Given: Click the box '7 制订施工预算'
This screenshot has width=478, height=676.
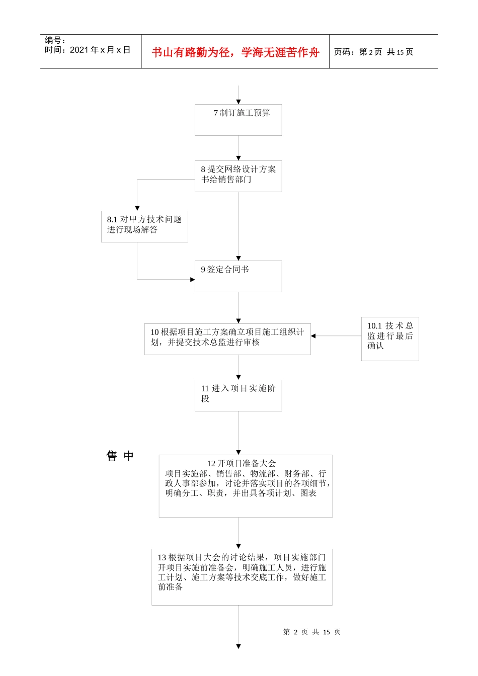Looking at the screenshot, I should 238,120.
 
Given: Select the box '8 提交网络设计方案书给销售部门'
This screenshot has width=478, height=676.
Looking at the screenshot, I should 238,176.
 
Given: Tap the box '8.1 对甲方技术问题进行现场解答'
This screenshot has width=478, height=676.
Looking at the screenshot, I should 144,226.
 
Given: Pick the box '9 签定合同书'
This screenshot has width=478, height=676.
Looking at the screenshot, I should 238,276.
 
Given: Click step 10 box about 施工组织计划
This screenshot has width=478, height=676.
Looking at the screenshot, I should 227,339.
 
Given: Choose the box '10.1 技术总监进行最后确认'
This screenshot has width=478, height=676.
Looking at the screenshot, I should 390,339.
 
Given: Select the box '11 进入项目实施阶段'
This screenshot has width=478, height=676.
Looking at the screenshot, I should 238,395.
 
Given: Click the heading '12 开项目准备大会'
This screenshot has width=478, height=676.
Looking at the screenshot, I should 242,463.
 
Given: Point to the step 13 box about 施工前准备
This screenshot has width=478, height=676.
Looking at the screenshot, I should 242,577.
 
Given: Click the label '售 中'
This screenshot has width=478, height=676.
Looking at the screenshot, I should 120,456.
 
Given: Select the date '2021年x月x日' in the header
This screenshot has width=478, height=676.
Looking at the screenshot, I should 100,50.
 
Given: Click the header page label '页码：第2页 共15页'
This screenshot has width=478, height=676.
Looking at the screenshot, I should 373,52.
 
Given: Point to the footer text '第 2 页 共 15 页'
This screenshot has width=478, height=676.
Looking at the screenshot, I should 312,632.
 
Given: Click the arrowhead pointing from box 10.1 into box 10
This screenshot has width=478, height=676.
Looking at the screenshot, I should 313,336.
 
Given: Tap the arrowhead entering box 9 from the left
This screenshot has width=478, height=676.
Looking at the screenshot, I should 192,280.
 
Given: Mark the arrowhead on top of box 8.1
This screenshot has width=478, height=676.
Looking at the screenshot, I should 137,208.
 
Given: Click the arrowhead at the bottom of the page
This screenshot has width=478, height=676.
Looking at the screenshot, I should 238,646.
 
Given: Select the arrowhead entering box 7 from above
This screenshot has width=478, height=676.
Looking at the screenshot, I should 238,102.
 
